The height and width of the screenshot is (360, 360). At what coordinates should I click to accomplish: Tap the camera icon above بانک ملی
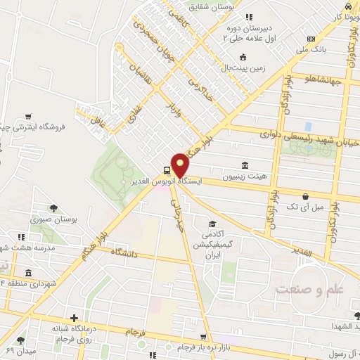coord(311,38)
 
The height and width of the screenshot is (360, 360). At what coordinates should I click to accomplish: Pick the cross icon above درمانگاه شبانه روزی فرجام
coord(73,319)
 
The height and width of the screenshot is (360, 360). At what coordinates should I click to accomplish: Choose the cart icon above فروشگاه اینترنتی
coord(27,116)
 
